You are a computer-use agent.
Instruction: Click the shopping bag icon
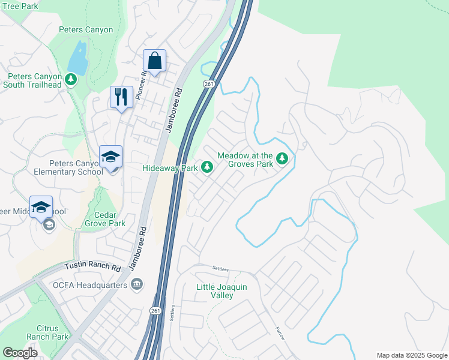tap(154, 61)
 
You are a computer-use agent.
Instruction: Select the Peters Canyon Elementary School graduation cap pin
tap(110, 157)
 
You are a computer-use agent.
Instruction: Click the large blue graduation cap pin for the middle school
tap(41, 208)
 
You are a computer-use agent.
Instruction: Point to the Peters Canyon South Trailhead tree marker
tap(71, 79)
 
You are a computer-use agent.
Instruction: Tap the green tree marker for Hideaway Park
tap(207, 166)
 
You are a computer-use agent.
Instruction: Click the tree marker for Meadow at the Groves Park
tap(282, 159)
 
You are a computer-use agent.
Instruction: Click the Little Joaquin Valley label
tap(221, 291)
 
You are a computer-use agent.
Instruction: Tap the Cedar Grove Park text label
tap(109, 219)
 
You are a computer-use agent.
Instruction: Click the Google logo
tap(20, 353)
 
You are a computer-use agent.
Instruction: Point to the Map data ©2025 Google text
tap(411, 355)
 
